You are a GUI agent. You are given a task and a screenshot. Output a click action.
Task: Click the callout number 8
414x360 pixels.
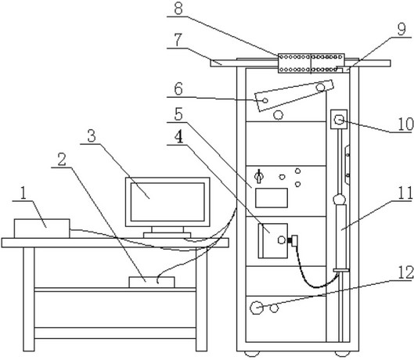178,9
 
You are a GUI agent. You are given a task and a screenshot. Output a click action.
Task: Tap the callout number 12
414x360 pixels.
405,273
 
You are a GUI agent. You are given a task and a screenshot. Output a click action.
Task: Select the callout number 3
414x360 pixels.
92,136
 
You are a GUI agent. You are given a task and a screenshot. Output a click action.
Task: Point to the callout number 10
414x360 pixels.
405,124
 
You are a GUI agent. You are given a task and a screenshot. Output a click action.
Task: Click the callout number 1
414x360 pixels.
23,193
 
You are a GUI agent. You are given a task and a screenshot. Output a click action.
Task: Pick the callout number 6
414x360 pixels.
178,89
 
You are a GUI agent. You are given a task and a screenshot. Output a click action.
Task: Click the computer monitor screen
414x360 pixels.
167,202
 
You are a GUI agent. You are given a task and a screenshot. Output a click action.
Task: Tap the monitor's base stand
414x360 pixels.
167,235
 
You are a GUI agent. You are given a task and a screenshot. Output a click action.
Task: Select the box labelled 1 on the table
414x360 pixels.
42,229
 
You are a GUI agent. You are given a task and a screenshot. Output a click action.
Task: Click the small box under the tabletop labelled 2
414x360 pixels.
152,282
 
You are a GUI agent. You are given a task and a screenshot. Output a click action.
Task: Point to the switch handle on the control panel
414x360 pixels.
258,176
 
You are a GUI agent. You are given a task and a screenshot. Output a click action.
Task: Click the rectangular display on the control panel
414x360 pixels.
272,198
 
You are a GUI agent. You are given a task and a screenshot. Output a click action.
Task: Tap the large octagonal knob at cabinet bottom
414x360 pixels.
256,308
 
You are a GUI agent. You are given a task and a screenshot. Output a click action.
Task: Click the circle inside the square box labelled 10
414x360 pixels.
339,120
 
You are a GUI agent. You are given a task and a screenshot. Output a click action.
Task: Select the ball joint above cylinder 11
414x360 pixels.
340,200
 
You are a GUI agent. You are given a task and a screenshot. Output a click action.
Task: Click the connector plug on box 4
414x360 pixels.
293,240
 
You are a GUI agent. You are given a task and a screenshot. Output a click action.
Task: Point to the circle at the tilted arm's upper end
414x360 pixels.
321,87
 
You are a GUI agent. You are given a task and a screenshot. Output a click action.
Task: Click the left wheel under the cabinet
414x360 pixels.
252,354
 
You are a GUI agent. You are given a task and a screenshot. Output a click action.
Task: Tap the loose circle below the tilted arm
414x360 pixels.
278,115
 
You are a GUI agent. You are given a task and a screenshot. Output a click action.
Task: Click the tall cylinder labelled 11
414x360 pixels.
341,236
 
